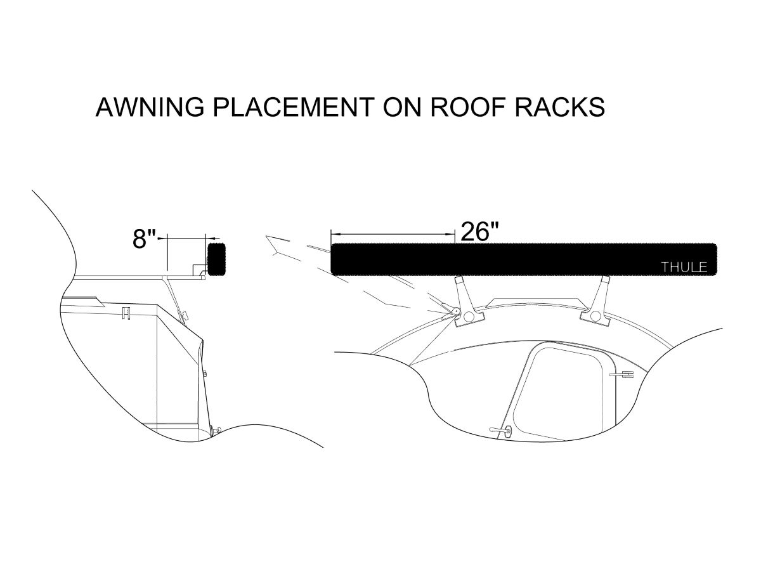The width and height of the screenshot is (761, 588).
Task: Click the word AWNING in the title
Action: [150, 107]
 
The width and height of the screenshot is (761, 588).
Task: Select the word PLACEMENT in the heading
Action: [294, 107]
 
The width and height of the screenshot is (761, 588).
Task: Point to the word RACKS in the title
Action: [560, 107]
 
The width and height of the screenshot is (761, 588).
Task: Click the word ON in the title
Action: [403, 107]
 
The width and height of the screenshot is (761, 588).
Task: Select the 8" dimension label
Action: [144, 239]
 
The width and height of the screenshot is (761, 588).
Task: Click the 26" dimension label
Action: [479, 231]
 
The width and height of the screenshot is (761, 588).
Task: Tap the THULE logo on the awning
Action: [684, 267]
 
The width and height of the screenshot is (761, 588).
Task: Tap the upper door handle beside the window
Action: [622, 374]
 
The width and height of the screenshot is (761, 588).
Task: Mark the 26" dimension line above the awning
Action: [393, 234]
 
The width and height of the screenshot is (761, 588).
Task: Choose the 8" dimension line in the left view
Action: [187, 238]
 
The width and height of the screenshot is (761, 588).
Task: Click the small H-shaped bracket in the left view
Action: [127, 313]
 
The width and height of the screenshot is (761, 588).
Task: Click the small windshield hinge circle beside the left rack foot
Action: [455, 311]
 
